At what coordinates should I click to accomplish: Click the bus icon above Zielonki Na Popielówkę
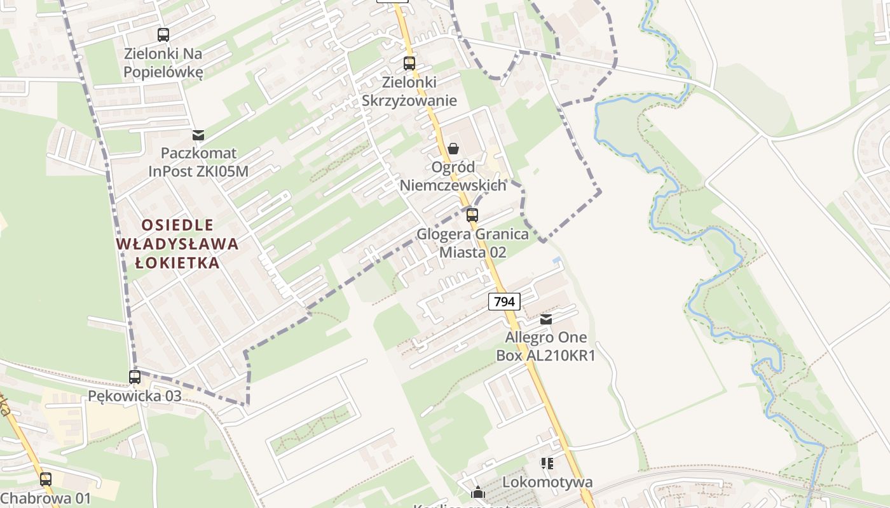point(163,35)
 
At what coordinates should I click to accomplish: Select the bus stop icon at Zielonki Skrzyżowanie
point(409,63)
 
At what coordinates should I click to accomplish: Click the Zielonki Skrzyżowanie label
point(409,91)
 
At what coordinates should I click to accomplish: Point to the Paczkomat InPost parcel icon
point(198,135)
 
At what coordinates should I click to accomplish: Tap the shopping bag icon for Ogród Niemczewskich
point(453,149)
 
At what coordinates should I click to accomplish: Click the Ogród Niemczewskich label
point(453,176)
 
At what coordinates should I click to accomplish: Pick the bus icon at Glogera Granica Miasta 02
point(472,215)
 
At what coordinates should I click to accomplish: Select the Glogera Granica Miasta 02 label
point(472,243)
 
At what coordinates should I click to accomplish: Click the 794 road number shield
point(504,302)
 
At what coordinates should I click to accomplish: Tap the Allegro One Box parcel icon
point(546,319)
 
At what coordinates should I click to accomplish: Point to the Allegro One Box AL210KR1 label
point(545,346)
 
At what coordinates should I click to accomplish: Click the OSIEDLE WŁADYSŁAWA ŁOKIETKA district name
point(177,244)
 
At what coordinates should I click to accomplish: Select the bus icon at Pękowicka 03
point(135,377)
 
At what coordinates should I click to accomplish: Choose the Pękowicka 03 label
point(135,396)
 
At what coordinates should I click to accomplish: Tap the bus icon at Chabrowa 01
point(46,479)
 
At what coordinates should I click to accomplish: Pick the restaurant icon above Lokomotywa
point(547,464)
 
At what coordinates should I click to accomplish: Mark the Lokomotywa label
point(547,482)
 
